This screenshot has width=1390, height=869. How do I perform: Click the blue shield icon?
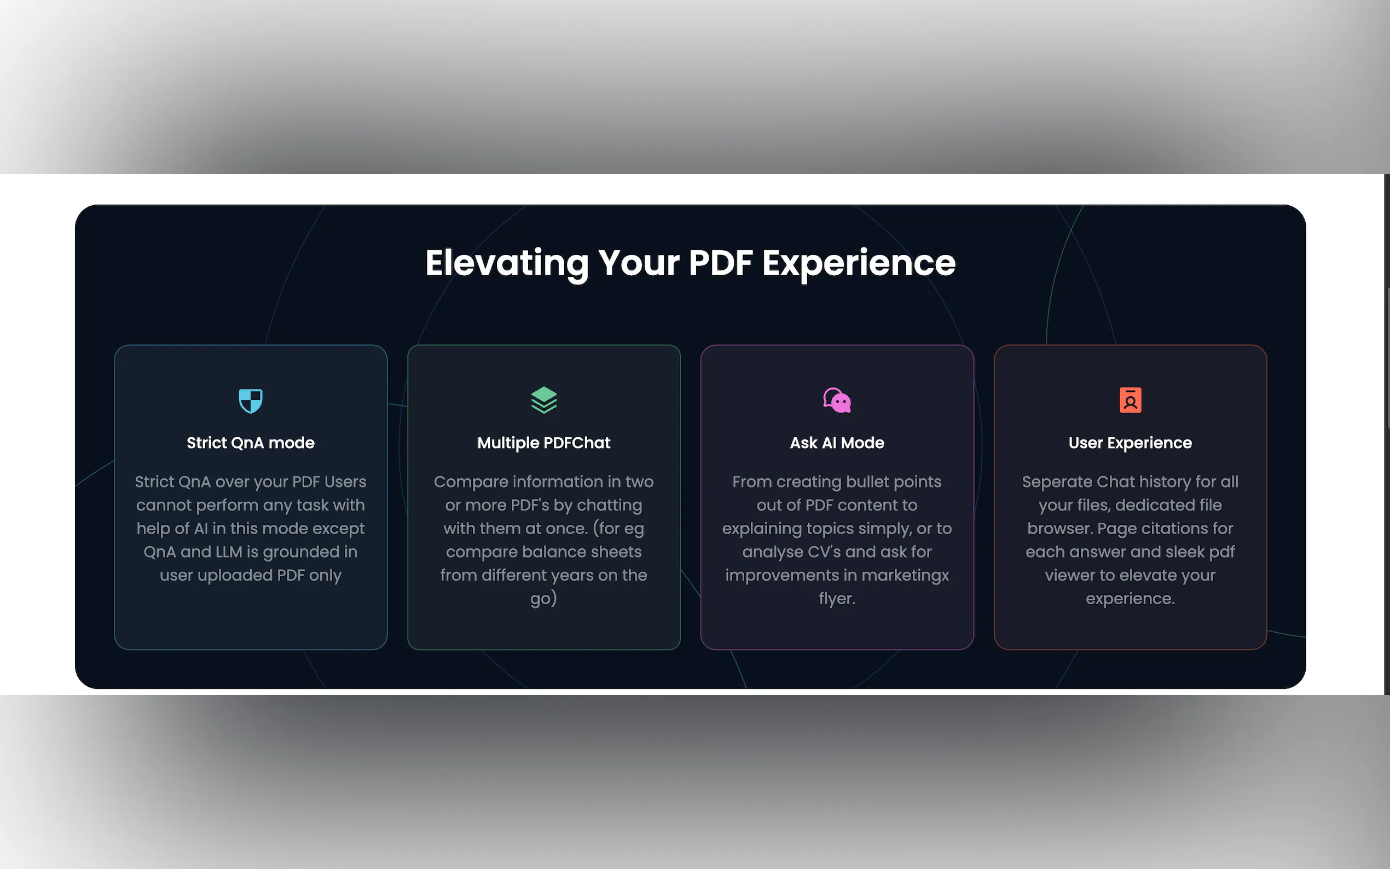251,401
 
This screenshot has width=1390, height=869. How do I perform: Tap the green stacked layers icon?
543,400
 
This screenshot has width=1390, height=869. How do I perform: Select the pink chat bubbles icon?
837,400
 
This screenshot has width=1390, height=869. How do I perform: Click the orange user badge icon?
1130,400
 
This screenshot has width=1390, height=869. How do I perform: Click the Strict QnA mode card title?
251,443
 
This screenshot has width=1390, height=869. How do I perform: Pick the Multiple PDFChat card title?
543,443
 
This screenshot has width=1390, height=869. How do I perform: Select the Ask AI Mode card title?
837,443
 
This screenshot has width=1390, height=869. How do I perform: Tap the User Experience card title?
1130,443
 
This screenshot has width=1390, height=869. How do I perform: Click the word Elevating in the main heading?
507,264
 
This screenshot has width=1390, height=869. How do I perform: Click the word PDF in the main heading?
721,263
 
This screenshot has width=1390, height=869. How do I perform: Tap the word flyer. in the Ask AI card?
837,599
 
